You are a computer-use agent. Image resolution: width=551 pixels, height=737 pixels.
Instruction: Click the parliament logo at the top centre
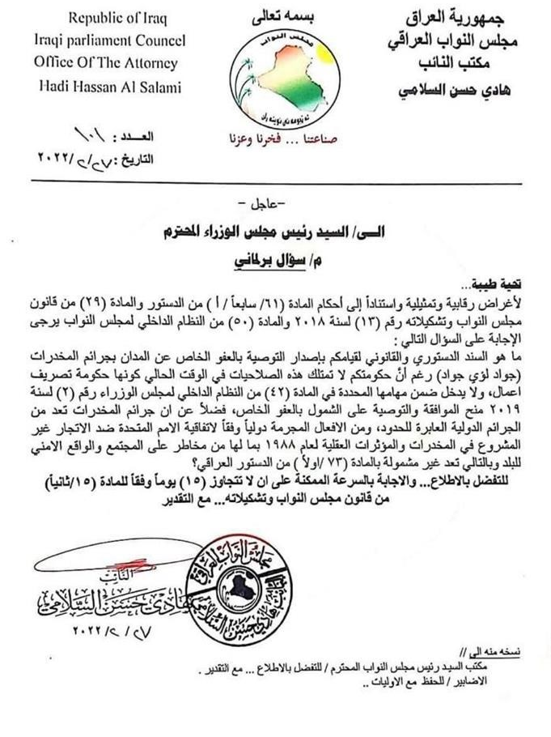pyautogui.click(x=274, y=80)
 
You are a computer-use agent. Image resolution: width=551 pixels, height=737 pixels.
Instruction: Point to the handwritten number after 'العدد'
pyautogui.click(x=96, y=132)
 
